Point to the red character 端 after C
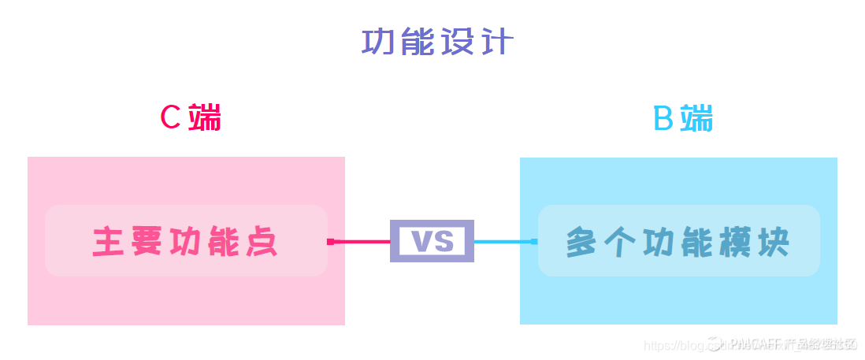[205, 118]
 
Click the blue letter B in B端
[664, 120]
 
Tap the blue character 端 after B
[697, 120]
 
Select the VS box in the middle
[432, 241]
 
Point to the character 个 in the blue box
[622, 242]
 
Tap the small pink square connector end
[331, 241]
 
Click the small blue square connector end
[534, 241]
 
